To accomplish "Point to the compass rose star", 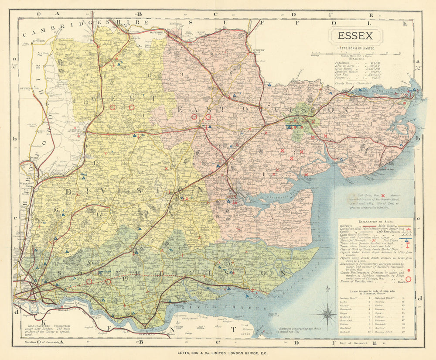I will click(327, 313).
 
